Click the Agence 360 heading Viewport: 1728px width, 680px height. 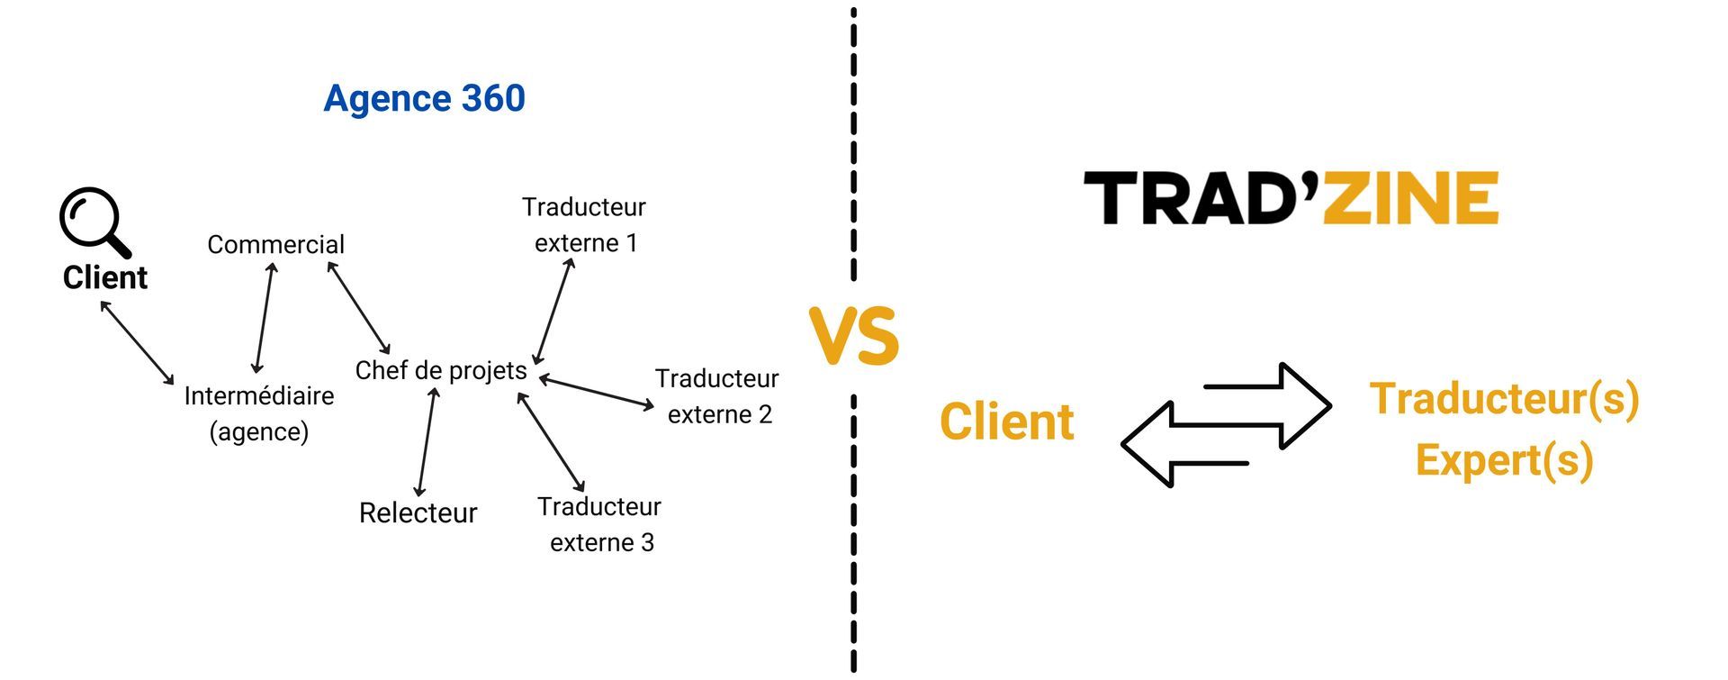click(x=424, y=98)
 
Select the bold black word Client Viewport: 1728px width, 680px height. click(x=104, y=277)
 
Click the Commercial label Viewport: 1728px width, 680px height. click(x=275, y=244)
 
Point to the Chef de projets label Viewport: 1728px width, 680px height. click(x=441, y=370)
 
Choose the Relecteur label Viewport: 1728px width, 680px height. click(x=418, y=512)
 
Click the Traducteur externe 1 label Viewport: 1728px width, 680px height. click(x=585, y=224)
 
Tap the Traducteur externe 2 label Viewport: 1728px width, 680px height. click(x=717, y=396)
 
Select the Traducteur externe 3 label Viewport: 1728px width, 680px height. click(x=600, y=524)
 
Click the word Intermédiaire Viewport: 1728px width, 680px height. click(x=259, y=395)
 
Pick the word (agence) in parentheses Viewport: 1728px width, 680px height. click(x=259, y=431)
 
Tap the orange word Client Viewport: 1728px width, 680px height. click(x=1006, y=422)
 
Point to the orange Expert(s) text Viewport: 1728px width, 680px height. click(x=1504, y=459)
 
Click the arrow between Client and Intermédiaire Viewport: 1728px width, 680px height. click(x=137, y=342)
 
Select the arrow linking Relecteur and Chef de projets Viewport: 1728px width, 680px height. click(x=426, y=441)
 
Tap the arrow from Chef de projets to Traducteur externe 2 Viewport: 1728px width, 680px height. click(x=597, y=393)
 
